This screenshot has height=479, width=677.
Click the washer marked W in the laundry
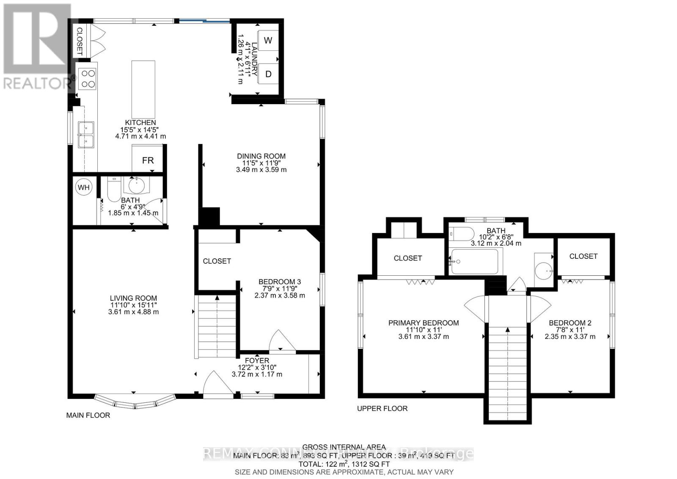click(x=268, y=40)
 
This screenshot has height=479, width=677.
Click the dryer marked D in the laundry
click(x=268, y=74)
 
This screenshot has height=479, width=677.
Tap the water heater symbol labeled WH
click(x=83, y=187)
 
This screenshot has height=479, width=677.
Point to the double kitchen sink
click(x=86, y=134)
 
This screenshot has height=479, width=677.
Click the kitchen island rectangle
click(x=143, y=86)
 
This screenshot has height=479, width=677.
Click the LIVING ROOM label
click(x=133, y=298)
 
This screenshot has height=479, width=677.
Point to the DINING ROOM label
click(x=261, y=156)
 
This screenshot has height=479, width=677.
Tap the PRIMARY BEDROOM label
click(x=423, y=323)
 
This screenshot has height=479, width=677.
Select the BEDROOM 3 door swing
click(x=281, y=341)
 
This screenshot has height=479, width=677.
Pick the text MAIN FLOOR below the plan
click(x=88, y=415)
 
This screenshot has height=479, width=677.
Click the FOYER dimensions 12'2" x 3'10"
click(x=257, y=367)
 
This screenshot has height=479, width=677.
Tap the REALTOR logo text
click(x=36, y=83)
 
